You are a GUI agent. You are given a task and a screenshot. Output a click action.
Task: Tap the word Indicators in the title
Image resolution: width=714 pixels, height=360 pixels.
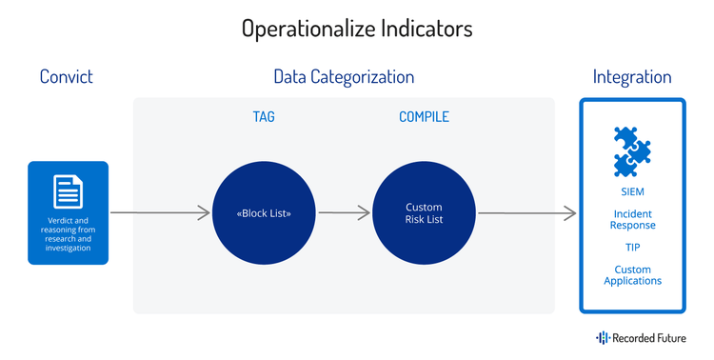tap(422, 29)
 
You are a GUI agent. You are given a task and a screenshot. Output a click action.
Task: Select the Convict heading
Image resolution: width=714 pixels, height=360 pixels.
tap(67, 77)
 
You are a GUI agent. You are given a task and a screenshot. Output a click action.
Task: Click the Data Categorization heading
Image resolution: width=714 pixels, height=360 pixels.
tap(344, 77)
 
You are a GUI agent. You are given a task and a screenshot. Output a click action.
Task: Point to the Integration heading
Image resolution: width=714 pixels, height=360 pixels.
tap(632, 77)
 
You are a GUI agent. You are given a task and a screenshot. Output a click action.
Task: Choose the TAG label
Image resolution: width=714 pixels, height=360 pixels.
tap(263, 117)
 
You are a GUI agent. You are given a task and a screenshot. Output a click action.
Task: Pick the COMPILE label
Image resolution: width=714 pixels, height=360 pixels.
tap(424, 117)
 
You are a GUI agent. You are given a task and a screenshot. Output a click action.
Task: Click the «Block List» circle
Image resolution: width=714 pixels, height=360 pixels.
tap(263, 212)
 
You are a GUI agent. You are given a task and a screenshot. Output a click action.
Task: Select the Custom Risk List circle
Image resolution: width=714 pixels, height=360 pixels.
tap(424, 212)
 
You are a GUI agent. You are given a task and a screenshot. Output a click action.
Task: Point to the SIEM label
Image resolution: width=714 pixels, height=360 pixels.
tap(632, 190)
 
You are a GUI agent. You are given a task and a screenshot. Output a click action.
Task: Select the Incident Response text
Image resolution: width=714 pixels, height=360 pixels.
tap(632, 220)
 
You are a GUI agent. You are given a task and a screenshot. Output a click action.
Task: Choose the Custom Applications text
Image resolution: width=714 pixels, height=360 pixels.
tap(632, 275)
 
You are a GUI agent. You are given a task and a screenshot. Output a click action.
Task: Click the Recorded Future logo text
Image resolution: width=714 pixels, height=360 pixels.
tap(650, 337)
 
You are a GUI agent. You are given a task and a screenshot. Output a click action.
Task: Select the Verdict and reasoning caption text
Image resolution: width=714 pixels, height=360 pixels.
tap(68, 234)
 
